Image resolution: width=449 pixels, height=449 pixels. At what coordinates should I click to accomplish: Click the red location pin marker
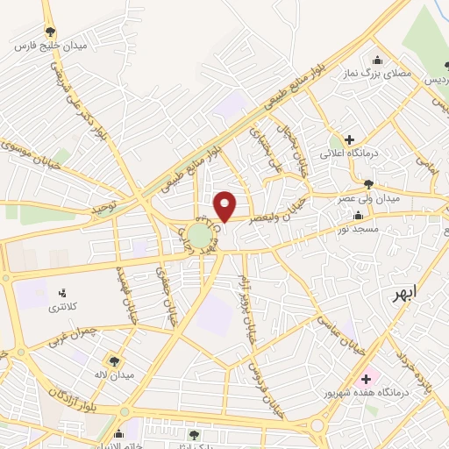click(x=225, y=206)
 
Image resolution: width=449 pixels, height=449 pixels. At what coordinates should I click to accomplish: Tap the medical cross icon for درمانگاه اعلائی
click(x=349, y=139)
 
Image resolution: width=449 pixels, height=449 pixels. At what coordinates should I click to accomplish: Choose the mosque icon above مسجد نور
click(x=357, y=216)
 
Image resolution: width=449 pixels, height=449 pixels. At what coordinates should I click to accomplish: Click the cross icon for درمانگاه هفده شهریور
click(x=365, y=379)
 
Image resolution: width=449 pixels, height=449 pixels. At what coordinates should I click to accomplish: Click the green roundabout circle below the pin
click(x=200, y=236)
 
